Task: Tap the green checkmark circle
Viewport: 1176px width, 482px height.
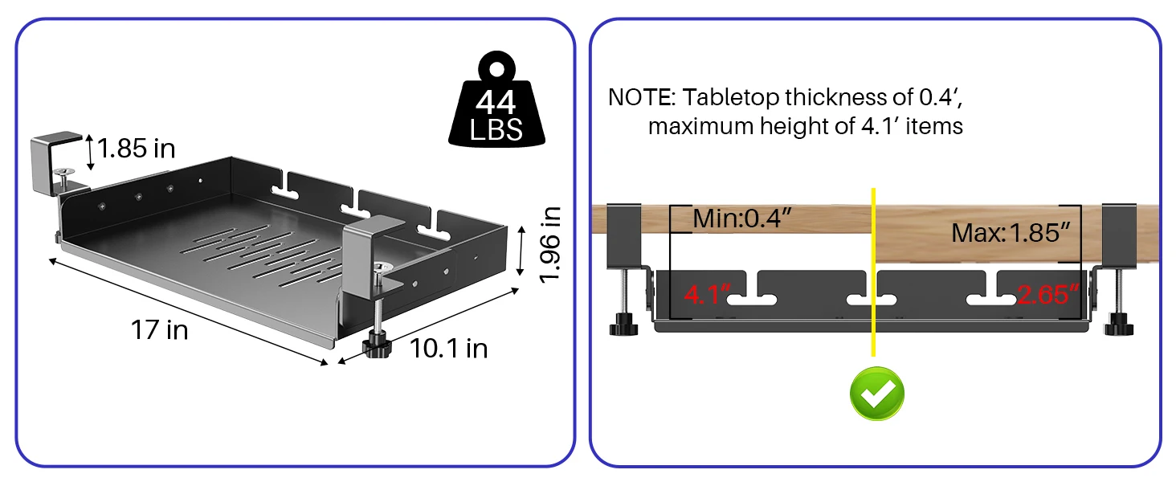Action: tap(877, 393)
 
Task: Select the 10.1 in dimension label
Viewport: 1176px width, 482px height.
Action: tap(449, 348)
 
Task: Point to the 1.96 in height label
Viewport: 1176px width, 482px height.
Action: tap(550, 244)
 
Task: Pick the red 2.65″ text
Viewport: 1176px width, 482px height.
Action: tap(1047, 295)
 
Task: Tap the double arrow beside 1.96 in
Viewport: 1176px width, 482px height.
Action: tap(521, 248)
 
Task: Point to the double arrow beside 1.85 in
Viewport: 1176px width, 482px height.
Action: tap(91, 151)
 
